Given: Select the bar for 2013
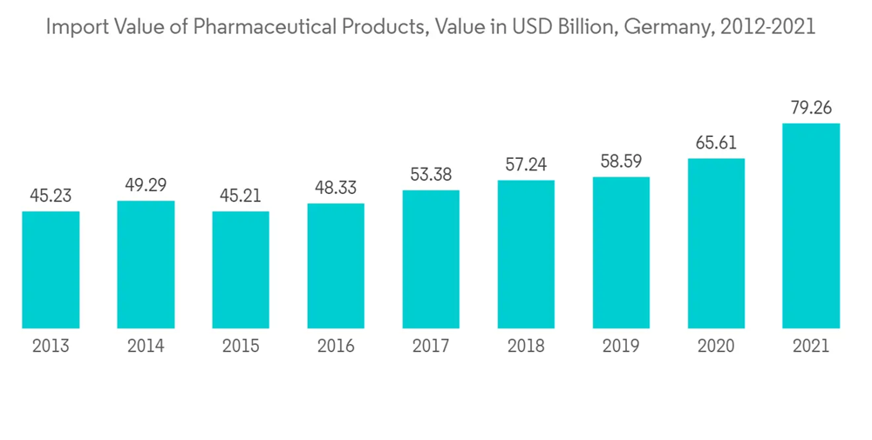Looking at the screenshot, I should point(51,270).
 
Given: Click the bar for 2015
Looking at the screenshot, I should point(241,270).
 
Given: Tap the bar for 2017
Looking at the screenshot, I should point(431,259).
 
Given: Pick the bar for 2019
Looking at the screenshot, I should point(621,253).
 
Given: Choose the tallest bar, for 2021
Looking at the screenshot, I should point(811,226).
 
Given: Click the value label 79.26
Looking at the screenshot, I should point(811,109).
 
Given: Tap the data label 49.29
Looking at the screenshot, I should point(146,186).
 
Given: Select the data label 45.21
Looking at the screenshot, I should point(241,196).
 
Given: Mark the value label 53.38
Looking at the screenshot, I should point(431,175).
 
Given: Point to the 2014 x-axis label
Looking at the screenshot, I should point(146,347).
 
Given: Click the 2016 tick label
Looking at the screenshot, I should point(336,347).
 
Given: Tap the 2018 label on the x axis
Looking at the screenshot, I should point(526,347).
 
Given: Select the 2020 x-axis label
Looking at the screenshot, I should point(716,347).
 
